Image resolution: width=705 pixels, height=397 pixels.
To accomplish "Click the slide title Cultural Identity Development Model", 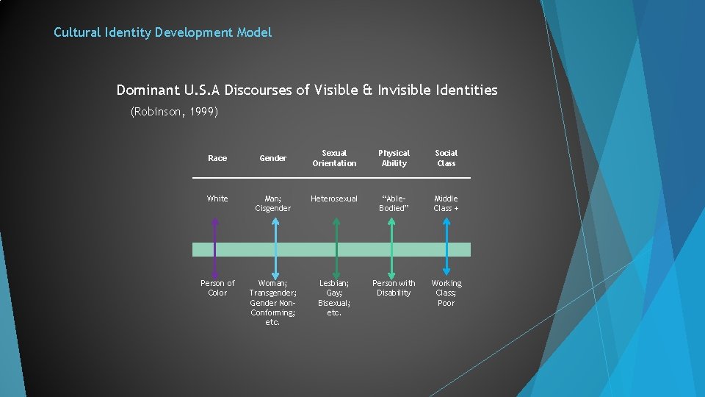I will point(162,32).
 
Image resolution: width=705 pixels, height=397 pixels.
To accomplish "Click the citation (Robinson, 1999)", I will point(174,112).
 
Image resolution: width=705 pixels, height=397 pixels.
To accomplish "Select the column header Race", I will point(217,158).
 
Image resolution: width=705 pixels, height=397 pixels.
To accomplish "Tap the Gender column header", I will point(272,158).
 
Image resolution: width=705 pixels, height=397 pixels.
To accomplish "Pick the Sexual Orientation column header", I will point(334,158).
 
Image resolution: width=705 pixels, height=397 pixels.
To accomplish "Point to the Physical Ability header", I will point(394,158).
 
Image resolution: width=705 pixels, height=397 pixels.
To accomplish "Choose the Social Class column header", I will point(446,158).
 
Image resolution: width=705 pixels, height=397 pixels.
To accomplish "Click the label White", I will point(217,198).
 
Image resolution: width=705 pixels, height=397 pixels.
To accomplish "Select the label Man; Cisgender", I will point(272,203).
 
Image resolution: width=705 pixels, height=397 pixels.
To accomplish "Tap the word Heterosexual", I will point(334,198).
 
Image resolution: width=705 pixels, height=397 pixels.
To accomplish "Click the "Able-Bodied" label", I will point(394,203).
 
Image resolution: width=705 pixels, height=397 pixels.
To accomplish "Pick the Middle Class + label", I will point(446,203).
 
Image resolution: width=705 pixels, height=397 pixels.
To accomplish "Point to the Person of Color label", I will point(217,287).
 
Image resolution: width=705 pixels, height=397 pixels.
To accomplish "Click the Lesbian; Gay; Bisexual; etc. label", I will point(334,297).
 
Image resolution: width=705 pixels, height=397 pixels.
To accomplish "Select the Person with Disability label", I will point(394,287).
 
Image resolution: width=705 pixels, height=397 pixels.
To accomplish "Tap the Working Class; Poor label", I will point(446,293).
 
